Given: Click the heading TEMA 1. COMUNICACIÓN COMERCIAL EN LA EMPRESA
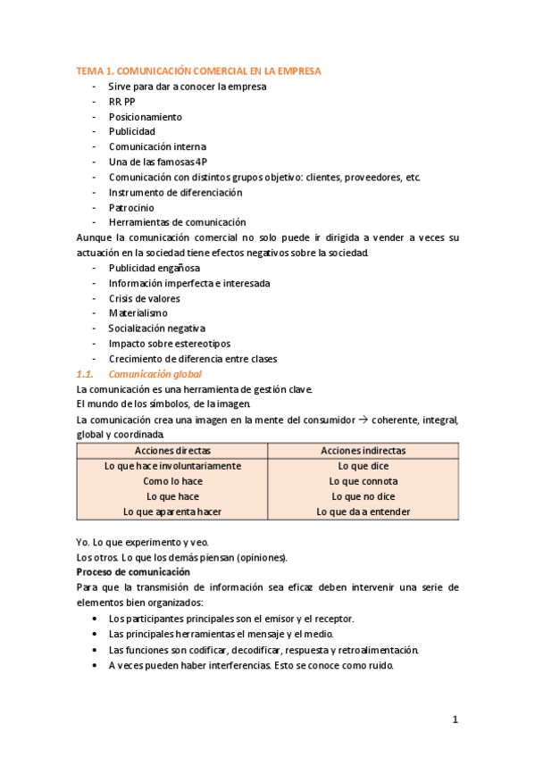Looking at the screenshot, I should (198, 71).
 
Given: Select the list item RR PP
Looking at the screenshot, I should (122, 102).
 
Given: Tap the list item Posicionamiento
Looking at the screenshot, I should (145, 117).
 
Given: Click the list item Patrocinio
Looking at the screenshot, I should (132, 207).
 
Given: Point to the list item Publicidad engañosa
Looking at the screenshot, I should (155, 268).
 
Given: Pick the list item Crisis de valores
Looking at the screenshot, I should (144, 298).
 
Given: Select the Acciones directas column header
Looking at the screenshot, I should (172, 451).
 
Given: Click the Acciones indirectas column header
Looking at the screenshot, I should (363, 451).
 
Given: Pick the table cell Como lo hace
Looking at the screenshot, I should (172, 481).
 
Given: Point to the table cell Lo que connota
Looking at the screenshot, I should (363, 481).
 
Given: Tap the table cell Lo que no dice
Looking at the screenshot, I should (363, 496).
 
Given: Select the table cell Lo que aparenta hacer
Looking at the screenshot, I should (172, 512).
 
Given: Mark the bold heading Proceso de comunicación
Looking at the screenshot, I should (133, 571).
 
